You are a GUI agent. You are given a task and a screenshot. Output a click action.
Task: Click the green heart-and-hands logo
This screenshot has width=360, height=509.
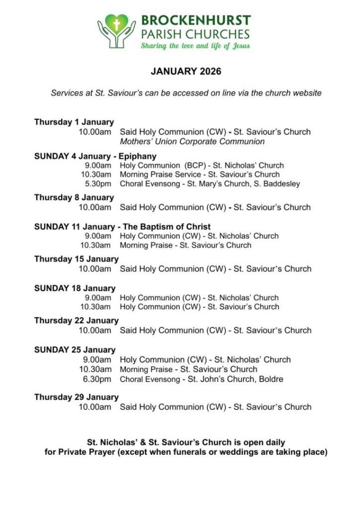click(x=116, y=30)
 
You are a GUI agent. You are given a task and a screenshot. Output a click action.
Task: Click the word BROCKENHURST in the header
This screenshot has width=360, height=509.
click(x=195, y=21)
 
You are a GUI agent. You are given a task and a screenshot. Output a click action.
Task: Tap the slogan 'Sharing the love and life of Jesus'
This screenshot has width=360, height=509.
click(x=195, y=46)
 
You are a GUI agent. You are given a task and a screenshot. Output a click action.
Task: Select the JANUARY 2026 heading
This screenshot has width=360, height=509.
click(x=186, y=72)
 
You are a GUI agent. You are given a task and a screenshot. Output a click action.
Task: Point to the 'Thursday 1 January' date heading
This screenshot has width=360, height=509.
click(x=74, y=122)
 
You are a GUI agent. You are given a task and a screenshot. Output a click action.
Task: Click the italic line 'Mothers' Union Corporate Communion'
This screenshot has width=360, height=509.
click(x=192, y=142)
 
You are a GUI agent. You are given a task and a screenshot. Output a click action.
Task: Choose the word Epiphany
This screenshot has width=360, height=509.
click(x=138, y=156)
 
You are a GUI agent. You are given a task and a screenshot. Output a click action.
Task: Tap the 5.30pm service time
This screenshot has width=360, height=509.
click(x=98, y=184)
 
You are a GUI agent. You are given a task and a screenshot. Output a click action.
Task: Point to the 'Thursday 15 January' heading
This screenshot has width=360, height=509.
click(x=76, y=259)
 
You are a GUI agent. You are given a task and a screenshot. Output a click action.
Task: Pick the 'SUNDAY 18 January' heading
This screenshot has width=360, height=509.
click(x=75, y=288)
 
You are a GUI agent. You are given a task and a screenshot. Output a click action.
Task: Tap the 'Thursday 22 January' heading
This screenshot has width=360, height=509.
click(x=76, y=321)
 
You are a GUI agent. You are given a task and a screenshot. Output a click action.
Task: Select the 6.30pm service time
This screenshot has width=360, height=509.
click(x=98, y=379)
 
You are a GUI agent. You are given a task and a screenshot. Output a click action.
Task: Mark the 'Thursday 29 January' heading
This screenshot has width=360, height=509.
click(x=76, y=397)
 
